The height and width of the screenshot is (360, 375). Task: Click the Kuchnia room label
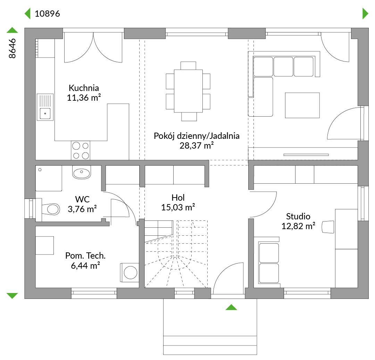[84, 88]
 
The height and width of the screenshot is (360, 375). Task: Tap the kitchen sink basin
[45, 113]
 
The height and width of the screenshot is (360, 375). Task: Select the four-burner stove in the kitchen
[81, 150]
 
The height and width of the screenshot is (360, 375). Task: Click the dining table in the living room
[188, 91]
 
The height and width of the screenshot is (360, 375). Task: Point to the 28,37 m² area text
[197, 145]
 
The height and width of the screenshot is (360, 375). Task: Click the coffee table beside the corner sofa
[302, 105]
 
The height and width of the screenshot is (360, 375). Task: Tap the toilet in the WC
[51, 209]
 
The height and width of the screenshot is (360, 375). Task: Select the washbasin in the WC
[82, 172]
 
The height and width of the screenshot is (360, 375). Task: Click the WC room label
[82, 199]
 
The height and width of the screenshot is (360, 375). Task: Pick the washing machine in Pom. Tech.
[130, 273]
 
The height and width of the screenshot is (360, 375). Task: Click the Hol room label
[178, 198]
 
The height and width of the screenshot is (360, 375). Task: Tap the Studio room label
[298, 216]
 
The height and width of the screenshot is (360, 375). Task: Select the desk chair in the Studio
[328, 227]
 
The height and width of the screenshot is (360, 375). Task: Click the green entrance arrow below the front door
[231, 307]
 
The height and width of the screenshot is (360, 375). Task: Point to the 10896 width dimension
[47, 14]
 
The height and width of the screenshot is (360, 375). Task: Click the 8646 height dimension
[12, 48]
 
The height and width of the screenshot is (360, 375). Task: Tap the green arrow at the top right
[365, 14]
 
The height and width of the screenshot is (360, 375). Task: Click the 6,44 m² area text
[85, 266]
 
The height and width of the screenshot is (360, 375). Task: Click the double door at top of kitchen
[93, 48]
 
